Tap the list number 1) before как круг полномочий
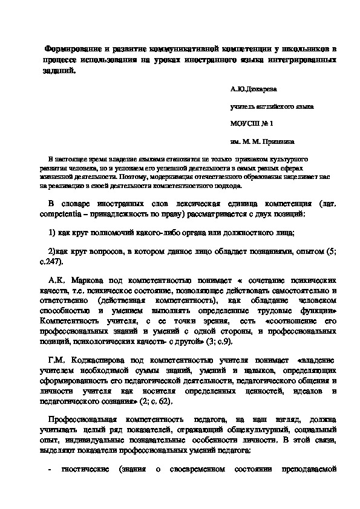(x=52, y=233)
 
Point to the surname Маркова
(x=87, y=281)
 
